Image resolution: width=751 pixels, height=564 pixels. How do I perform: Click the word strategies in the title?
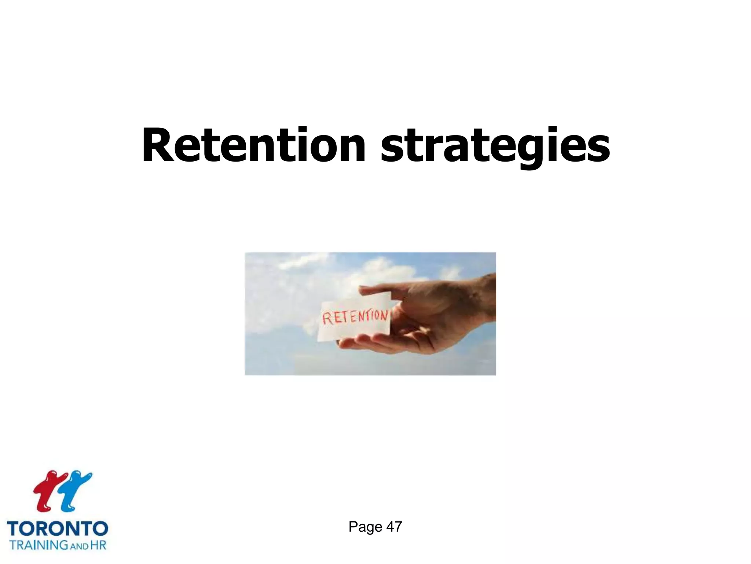click(495, 146)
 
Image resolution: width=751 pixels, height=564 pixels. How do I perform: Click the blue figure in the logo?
click(76, 491)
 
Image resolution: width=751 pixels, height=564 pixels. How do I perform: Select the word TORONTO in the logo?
click(58, 529)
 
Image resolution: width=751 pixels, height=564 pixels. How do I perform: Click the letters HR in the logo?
click(98, 545)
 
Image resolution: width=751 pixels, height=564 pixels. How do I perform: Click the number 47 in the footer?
click(394, 527)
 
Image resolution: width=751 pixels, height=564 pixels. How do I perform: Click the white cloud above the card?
click(381, 272)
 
